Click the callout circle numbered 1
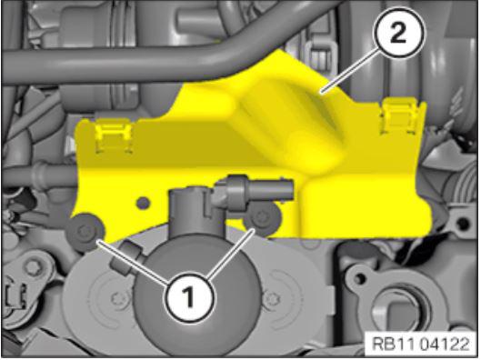pyautogui.click(x=189, y=297)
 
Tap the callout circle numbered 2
pyautogui.click(x=399, y=33)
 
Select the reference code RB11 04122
pyautogui.click(x=420, y=344)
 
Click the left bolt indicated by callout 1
pyautogui.click(x=85, y=232)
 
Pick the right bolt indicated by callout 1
pyautogui.click(x=263, y=218)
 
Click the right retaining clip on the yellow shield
pyautogui.click(x=399, y=116)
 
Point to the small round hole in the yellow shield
pyautogui.click(x=144, y=203)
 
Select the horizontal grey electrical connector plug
pyautogui.click(x=254, y=190)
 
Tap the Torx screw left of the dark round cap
pyautogui.click(x=118, y=297)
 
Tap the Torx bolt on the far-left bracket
pyautogui.click(x=32, y=269)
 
